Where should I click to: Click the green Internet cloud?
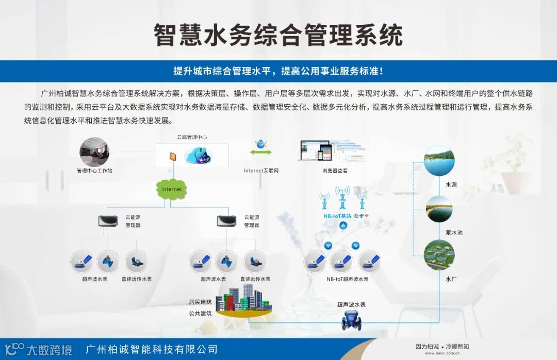point(172,189)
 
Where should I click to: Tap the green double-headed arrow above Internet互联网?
point(261,152)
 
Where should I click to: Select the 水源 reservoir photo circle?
point(439,161)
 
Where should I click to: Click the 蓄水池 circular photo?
point(439,209)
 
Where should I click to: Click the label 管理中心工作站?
point(94,170)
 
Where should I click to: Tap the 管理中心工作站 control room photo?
point(94,152)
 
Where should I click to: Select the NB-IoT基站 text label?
point(335,216)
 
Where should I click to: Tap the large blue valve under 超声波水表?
point(351,322)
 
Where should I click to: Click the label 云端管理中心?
point(191,137)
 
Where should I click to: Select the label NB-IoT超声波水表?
point(348,279)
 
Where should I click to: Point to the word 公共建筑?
point(200,313)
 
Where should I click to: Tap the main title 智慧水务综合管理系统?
point(278,35)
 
